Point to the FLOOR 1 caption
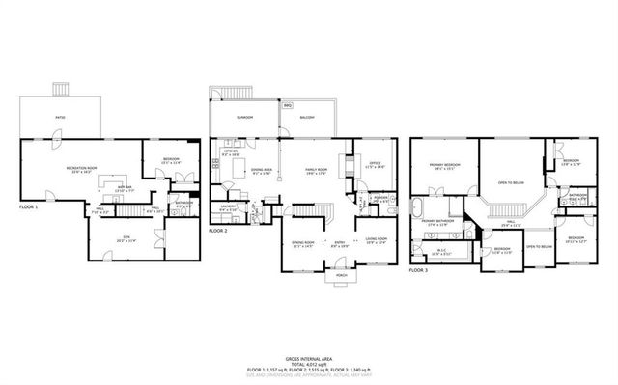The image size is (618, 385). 31,207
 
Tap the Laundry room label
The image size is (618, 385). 228,206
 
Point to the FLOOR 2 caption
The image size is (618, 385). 219,232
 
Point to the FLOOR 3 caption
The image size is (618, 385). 417,271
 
